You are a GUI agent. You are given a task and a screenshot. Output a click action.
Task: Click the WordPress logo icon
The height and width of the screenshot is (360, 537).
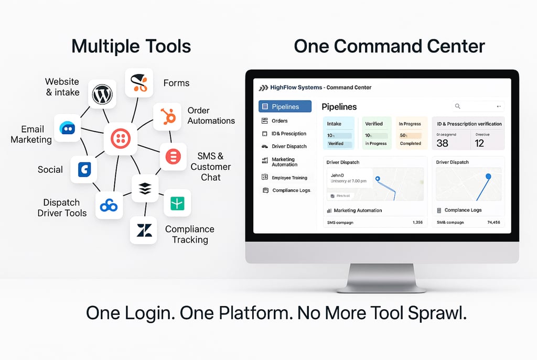(x=102, y=94)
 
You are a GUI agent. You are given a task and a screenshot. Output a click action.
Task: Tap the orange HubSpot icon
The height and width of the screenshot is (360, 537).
(x=167, y=116)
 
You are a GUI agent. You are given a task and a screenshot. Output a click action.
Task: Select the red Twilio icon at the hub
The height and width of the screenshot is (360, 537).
(x=121, y=139)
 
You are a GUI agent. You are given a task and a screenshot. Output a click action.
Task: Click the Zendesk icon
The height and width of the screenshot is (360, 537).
(x=143, y=230)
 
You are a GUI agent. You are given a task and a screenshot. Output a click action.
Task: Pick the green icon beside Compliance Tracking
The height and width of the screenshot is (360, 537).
(x=177, y=203)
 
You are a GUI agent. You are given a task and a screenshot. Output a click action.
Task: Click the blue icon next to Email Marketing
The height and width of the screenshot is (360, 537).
(x=68, y=128)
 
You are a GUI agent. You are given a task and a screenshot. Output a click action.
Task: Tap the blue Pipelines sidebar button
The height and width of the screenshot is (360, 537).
(x=285, y=107)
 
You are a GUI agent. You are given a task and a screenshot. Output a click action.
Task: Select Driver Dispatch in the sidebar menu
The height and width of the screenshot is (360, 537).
(x=288, y=146)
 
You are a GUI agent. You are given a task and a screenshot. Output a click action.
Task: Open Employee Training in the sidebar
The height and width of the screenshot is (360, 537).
(x=289, y=178)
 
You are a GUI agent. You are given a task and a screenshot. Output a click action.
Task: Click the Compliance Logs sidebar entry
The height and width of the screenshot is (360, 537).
(x=291, y=190)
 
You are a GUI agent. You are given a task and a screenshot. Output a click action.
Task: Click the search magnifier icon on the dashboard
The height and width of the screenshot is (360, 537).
(x=457, y=106)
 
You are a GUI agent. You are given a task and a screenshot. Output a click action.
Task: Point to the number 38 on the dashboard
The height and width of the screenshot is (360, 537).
(x=442, y=143)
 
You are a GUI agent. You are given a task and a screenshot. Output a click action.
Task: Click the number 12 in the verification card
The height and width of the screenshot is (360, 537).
(x=479, y=143)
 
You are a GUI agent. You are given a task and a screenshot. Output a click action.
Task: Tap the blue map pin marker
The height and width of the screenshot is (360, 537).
(x=488, y=177)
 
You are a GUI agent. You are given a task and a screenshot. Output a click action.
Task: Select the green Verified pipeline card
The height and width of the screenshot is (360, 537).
(x=376, y=133)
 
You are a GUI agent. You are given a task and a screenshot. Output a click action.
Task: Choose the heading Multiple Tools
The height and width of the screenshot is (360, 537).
(x=131, y=46)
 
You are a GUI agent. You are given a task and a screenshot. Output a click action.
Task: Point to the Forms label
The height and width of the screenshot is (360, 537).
(x=176, y=83)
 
